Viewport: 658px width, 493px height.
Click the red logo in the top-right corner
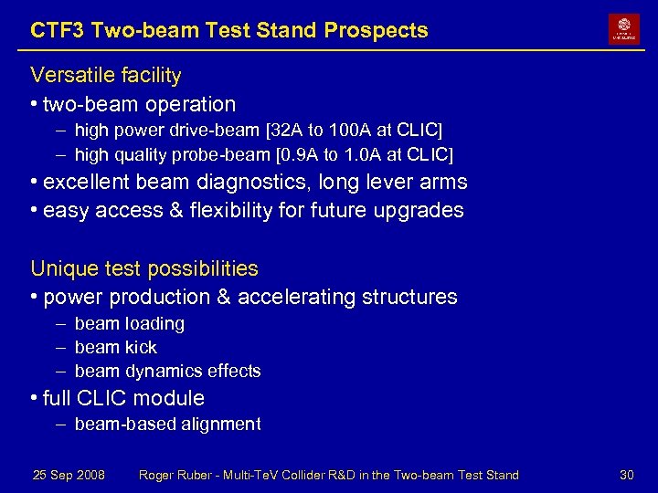click(x=624, y=29)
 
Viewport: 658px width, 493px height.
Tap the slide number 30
click(x=627, y=475)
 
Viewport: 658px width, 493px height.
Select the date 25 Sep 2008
click(x=69, y=475)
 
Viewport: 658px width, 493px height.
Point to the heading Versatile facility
click(x=106, y=75)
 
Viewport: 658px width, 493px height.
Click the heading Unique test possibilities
click(x=144, y=268)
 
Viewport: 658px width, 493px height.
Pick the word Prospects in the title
click(x=381, y=30)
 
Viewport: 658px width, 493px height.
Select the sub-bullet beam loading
click(x=130, y=324)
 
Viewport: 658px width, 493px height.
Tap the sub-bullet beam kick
click(x=116, y=348)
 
